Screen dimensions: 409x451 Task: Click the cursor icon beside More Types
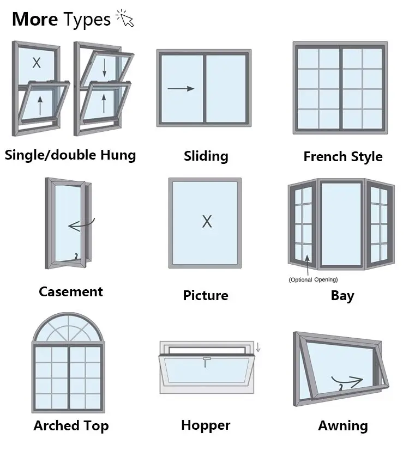tap(125, 20)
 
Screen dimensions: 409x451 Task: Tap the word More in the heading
tap(35, 20)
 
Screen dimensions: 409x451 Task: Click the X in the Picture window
tap(207, 222)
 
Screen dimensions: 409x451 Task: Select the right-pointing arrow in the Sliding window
tap(181, 88)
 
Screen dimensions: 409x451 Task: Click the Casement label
tap(70, 292)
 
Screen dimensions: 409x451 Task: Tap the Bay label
tap(342, 296)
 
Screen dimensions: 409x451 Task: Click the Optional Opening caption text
tap(313, 279)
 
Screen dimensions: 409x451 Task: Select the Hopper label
tap(206, 425)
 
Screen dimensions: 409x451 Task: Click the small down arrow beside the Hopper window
tap(258, 346)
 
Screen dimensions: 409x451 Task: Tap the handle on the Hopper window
tap(206, 361)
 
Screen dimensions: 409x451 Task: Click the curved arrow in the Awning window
tap(347, 379)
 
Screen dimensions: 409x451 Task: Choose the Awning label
tap(343, 426)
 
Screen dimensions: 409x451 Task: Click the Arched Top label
tap(71, 426)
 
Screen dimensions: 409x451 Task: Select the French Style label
tap(342, 157)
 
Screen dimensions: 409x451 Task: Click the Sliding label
tap(206, 156)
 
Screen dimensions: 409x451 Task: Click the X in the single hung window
tap(37, 63)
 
